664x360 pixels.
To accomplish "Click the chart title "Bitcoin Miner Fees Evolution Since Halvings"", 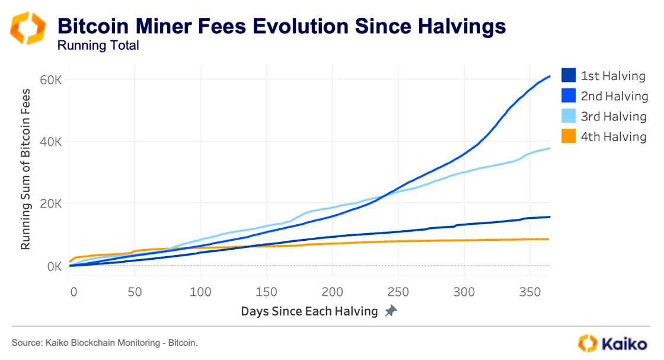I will pyautogui.click(x=282, y=26).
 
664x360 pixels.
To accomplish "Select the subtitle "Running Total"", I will pyautogui.click(x=98, y=46).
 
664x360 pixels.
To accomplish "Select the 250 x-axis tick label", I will pyautogui.click(x=398, y=292).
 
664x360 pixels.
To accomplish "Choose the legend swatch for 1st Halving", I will pyautogui.click(x=568, y=76).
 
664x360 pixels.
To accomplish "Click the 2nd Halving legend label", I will pyautogui.click(x=614, y=96).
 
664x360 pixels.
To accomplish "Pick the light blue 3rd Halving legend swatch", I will pyautogui.click(x=568, y=116).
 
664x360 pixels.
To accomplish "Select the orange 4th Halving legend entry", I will pyautogui.click(x=604, y=136).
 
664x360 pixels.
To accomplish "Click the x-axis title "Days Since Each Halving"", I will pyautogui.click(x=309, y=311).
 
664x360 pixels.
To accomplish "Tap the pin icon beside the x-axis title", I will pyautogui.click(x=391, y=311).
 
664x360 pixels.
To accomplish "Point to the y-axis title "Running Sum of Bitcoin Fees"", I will pyautogui.click(x=26, y=169).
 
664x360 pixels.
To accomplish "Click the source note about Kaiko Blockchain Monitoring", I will pyautogui.click(x=104, y=343).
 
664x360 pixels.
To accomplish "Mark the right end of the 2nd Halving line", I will pyautogui.click(x=550, y=76).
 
